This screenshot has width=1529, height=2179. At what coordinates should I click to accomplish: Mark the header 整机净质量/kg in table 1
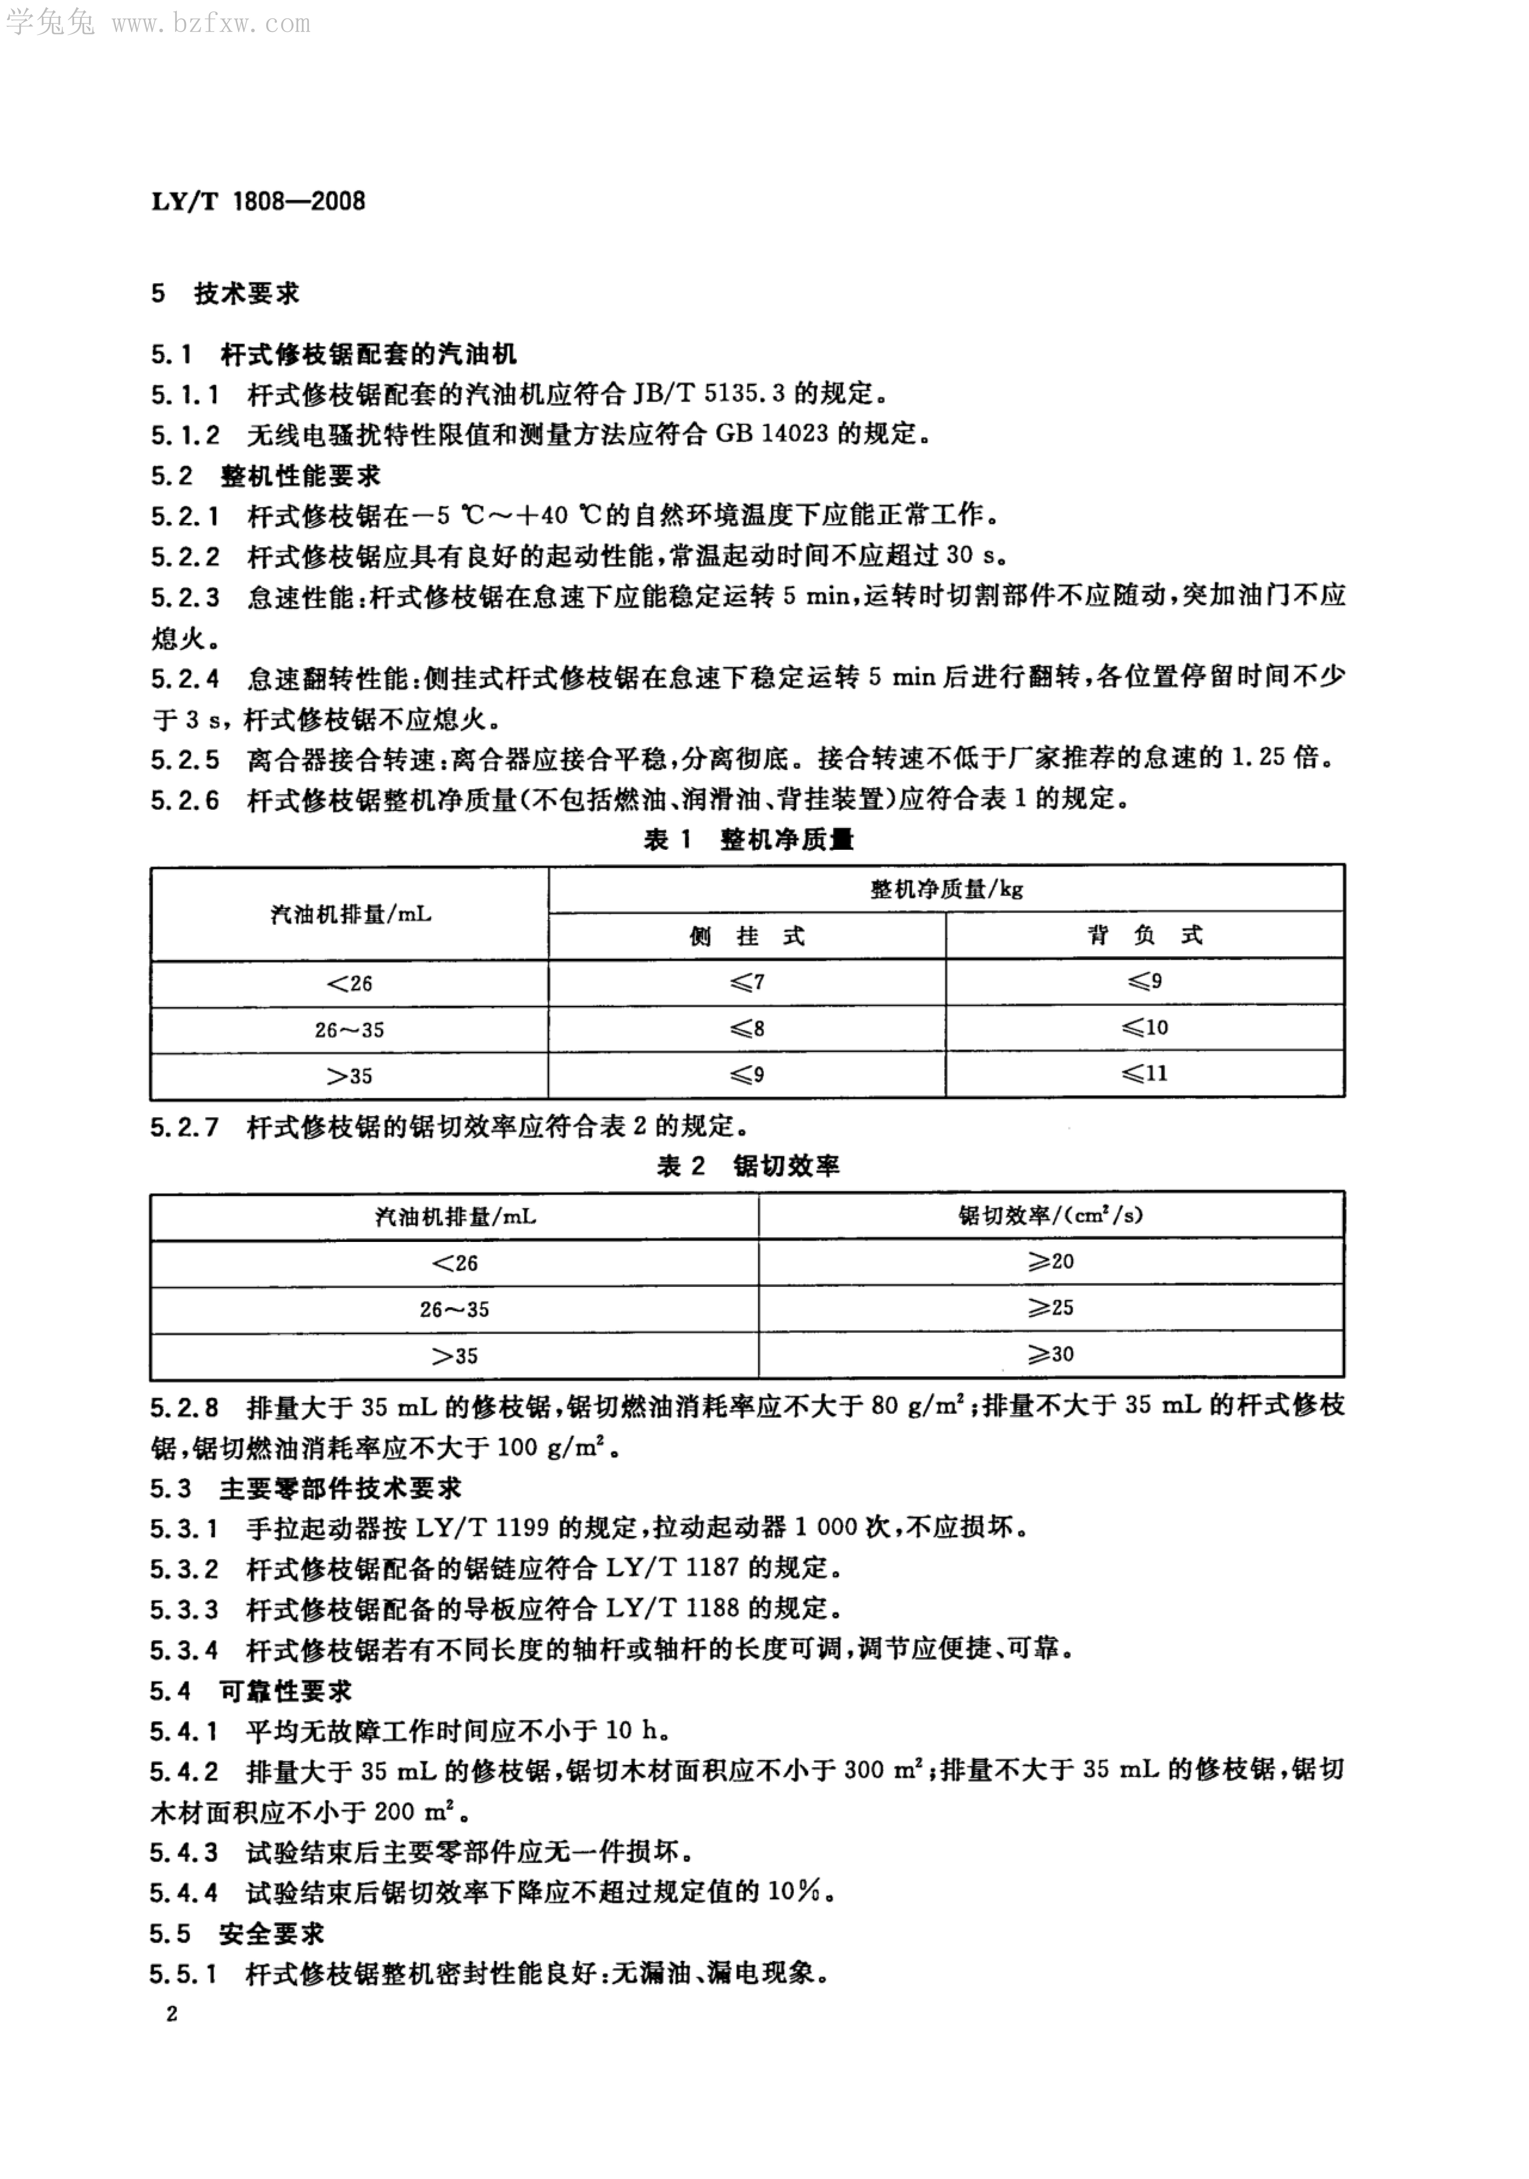946,889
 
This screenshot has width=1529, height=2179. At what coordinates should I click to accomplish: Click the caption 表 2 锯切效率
748,1166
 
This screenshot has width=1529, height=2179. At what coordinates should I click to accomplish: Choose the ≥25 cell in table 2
1051,1308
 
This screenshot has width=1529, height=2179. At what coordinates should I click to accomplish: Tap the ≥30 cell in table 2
1051,1354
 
